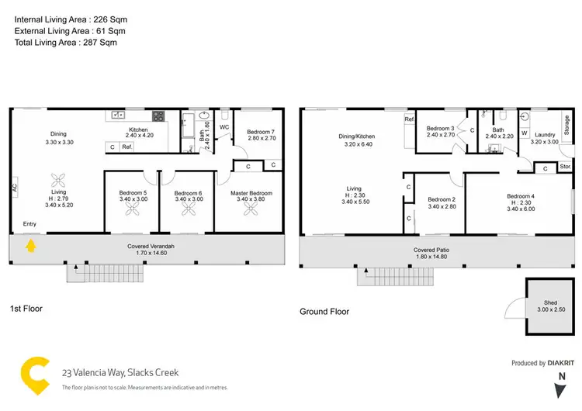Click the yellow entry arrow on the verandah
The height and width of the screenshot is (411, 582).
click(x=31, y=247)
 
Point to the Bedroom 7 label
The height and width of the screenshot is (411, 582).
click(x=249, y=131)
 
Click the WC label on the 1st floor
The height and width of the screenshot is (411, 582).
click(x=224, y=126)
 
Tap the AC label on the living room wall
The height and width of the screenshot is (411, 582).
click(x=14, y=187)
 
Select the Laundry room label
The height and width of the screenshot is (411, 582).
click(x=544, y=135)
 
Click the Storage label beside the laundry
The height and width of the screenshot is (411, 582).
click(x=566, y=125)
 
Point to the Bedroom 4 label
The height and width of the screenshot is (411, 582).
click(x=520, y=196)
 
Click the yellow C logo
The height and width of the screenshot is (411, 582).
click(x=33, y=375)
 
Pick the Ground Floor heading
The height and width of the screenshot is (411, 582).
click(x=324, y=312)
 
